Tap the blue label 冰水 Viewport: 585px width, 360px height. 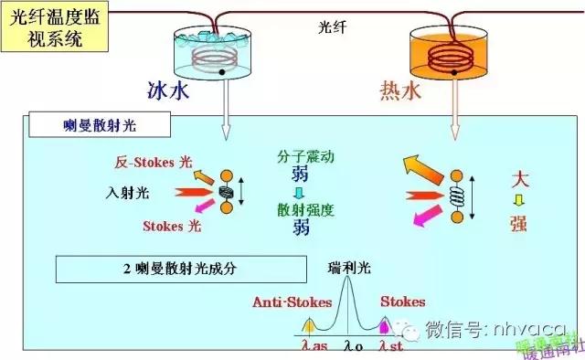pos(169,90)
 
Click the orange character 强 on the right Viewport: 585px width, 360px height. pos(517,222)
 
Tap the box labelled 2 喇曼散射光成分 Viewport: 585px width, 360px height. pos(179,269)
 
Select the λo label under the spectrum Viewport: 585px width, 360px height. pos(353,346)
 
